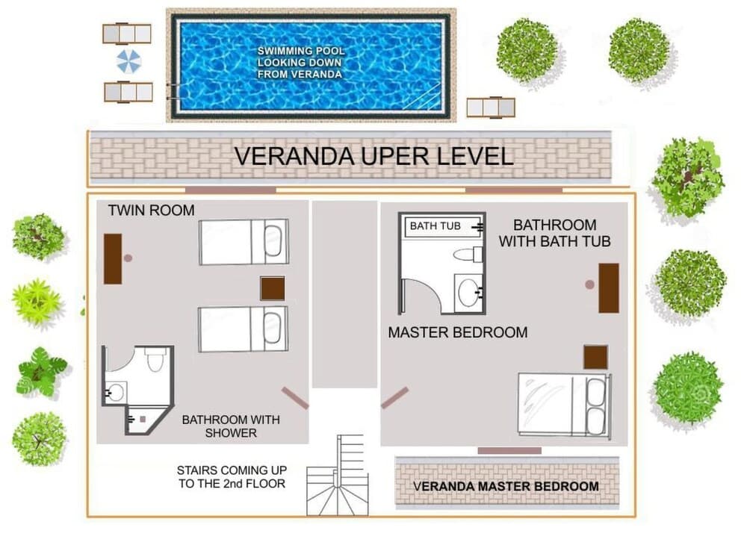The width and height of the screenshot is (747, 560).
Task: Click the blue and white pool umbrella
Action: click(x=128, y=61)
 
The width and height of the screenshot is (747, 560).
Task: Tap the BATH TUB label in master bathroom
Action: click(x=435, y=225)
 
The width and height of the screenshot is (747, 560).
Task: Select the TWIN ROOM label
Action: click(x=151, y=211)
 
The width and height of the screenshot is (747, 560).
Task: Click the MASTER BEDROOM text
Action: click(x=457, y=332)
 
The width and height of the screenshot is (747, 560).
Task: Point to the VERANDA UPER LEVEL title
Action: click(x=373, y=157)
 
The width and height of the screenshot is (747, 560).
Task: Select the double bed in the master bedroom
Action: click(x=564, y=404)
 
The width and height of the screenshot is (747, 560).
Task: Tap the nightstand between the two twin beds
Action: click(x=272, y=288)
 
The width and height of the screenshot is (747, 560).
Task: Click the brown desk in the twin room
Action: click(x=113, y=258)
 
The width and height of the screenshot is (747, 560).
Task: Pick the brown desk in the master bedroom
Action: click(x=608, y=287)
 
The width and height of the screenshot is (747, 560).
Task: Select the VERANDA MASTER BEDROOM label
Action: click(x=506, y=486)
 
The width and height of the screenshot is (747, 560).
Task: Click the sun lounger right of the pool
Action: click(x=491, y=108)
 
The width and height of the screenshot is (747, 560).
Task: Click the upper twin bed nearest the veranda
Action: click(x=243, y=242)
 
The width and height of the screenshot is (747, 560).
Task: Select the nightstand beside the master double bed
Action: click(x=595, y=357)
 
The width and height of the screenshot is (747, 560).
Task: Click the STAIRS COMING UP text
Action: click(x=231, y=477)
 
